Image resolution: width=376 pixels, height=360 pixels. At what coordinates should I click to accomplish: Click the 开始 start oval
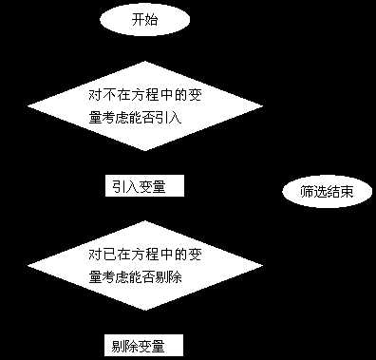[145, 19]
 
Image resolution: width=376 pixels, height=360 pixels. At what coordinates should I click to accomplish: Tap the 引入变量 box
[142, 186]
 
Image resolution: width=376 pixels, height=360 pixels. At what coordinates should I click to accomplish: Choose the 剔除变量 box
[142, 345]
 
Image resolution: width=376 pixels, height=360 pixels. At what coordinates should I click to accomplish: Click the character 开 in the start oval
[139, 19]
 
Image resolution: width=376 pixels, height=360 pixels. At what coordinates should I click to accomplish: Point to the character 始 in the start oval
[153, 19]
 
